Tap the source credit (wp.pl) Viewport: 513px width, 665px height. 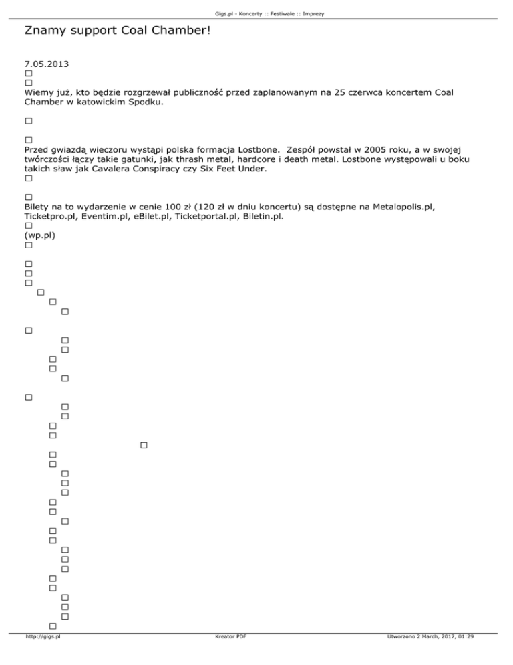39,235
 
